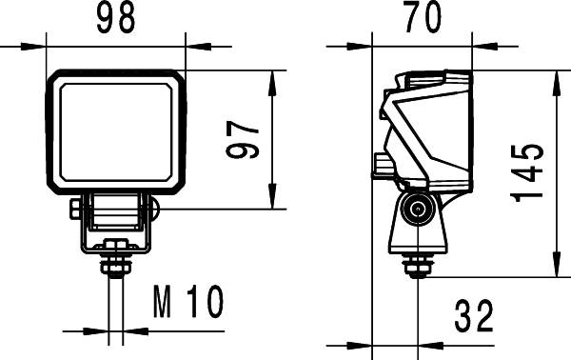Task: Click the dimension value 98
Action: coord(115,18)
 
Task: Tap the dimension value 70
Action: coord(422,18)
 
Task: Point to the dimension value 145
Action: coord(527,172)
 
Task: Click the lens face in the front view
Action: coord(115,132)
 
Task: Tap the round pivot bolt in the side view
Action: coord(414,210)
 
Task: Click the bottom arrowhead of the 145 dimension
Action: coord(555,271)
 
